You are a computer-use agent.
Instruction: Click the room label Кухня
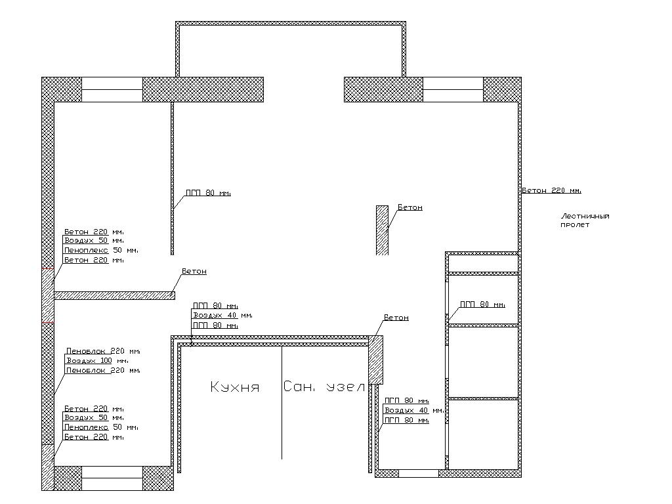[235, 387]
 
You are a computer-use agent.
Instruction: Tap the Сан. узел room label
[324, 387]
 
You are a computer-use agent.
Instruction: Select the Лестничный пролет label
[585, 220]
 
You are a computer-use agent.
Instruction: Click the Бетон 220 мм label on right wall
[551, 190]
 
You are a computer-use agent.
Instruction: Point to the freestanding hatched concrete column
[383, 230]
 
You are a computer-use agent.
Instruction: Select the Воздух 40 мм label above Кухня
[222, 316]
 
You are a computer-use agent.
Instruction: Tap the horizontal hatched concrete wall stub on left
[114, 295]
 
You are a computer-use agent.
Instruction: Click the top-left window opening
[112, 89]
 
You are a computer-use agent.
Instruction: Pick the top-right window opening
[453, 89]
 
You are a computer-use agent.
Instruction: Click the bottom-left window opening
[112, 478]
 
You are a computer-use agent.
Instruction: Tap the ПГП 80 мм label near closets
[482, 304]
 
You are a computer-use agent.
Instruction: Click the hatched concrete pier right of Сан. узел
[376, 360]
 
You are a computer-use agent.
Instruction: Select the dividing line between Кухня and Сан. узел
[282, 403]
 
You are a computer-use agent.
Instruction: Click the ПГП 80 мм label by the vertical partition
[208, 193]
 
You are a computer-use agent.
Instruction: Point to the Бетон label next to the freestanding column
[410, 207]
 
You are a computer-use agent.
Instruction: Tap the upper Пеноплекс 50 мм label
[101, 250]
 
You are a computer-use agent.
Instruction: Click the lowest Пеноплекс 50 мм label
[101, 427]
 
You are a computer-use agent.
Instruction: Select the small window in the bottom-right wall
[419, 474]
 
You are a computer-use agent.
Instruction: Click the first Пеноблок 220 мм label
[103, 351]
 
